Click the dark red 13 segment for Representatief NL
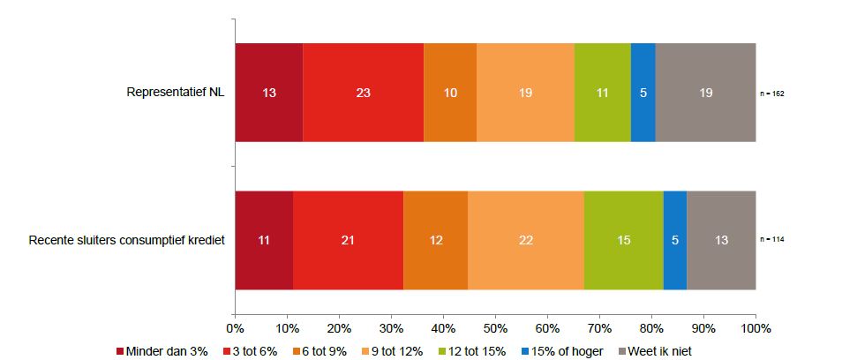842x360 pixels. point(268,92)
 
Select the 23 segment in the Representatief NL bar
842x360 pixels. point(363,92)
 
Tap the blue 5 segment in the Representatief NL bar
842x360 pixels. point(643,92)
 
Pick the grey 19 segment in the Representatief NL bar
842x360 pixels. point(705,92)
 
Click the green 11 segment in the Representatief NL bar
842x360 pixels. point(602,92)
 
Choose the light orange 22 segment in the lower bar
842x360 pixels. point(525,240)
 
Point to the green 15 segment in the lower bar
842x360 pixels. point(623,240)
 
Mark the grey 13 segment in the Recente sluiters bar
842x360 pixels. point(720,240)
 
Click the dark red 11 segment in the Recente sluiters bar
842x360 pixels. point(264,240)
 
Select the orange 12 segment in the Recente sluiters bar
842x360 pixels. point(435,240)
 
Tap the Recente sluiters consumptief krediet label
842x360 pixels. point(126,240)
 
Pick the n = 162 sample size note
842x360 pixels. point(772,92)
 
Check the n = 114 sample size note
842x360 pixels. point(772,240)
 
